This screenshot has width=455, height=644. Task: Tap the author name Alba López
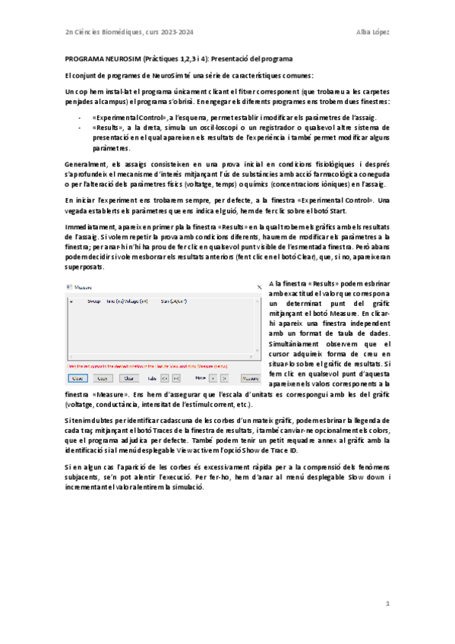374,31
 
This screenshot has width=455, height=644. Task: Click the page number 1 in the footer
387,604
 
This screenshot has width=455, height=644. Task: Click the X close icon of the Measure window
259,288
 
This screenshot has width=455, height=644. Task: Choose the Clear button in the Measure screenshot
128,377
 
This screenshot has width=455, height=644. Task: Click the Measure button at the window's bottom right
251,377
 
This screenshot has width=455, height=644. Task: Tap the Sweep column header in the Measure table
94,302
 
